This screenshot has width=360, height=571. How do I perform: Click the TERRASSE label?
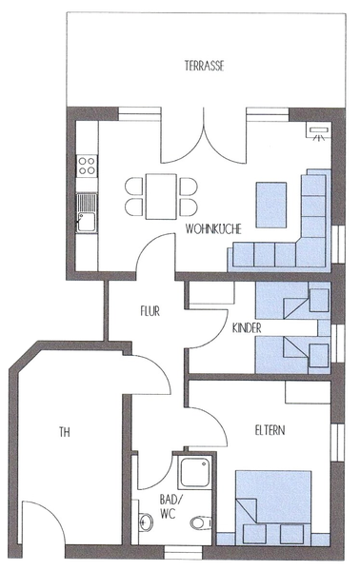click(204, 66)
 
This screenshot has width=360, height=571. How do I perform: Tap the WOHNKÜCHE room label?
click(213, 229)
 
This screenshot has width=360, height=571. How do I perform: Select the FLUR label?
click(150, 311)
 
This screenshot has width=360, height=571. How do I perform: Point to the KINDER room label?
click(247, 328)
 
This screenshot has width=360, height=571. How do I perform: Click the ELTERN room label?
click(270, 430)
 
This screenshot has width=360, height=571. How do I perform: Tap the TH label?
click(65, 432)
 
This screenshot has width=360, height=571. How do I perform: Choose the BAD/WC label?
click(168, 506)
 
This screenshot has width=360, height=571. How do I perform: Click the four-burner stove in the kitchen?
click(87, 166)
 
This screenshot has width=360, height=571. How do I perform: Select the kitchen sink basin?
click(87, 222)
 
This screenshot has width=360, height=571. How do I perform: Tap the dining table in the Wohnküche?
click(161, 196)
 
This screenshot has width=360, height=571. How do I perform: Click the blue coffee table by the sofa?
click(271, 205)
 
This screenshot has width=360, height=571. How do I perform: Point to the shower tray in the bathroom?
click(193, 472)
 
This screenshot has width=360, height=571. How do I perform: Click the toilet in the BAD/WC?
click(200, 523)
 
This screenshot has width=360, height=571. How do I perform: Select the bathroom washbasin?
click(146, 522)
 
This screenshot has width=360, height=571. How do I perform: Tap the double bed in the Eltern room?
click(273, 507)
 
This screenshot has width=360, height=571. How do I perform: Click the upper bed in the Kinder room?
click(293, 301)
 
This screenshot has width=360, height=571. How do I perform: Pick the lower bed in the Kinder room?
click(293, 355)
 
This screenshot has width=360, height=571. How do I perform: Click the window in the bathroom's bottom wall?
click(182, 552)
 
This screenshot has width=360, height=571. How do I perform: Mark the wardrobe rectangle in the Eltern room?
click(308, 392)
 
